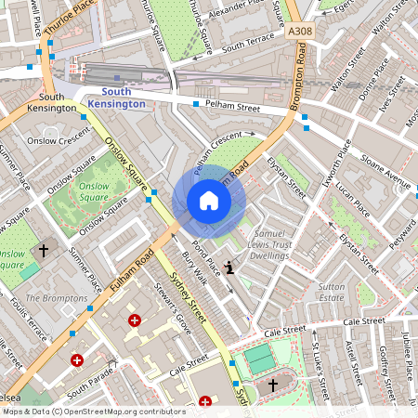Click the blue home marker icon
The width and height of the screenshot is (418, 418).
[x=209, y=201]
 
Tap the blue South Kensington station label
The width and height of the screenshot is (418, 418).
[x=124, y=98]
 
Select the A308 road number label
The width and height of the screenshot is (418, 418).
[x=299, y=32]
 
